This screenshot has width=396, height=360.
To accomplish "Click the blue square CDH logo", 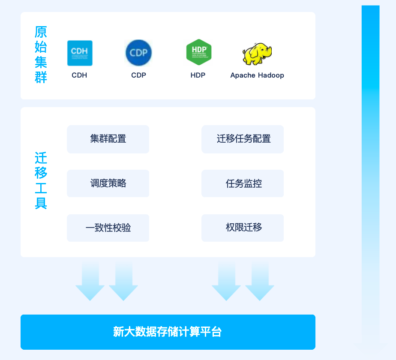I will [x=80, y=53].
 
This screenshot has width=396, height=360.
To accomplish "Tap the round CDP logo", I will [x=138, y=53].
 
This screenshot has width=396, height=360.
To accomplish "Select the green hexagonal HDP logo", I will [x=198, y=52].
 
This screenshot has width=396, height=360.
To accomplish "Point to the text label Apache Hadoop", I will [x=257, y=75].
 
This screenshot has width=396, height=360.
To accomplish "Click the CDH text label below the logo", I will [x=79, y=75].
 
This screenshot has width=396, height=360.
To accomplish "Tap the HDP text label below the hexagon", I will [x=198, y=75].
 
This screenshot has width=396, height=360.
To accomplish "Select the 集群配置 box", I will [x=108, y=139].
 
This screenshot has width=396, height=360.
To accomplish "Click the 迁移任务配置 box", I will [x=243, y=139].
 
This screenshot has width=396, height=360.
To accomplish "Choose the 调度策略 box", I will [x=108, y=183].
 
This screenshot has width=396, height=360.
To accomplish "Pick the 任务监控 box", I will [x=243, y=183].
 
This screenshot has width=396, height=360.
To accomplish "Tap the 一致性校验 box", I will [x=108, y=228].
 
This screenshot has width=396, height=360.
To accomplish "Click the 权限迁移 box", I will [x=243, y=228].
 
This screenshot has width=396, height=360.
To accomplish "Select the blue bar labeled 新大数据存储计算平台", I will [x=168, y=332].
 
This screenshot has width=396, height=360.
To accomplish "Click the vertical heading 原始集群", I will [x=41, y=54].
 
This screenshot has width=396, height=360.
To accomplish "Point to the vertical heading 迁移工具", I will [x=41, y=180].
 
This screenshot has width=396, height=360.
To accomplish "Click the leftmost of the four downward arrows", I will [x=90, y=281].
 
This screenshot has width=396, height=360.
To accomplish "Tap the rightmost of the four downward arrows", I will [x=260, y=281].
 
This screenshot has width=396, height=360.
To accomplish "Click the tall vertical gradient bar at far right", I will [x=370, y=171].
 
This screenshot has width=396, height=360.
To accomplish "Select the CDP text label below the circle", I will [x=138, y=75].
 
